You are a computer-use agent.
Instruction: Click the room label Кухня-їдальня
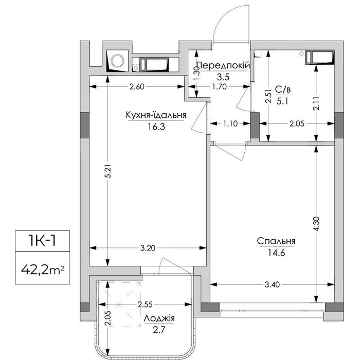pos(156,115)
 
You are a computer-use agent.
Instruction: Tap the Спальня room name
pos(276,241)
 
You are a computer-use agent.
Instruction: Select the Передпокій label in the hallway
pos(223,66)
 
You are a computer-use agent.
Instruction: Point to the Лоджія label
pos(159,318)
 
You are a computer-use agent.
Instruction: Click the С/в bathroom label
pos(282,89)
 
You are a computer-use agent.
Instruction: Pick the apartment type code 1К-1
pos(43,241)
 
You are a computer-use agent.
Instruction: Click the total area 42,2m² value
pos(43,271)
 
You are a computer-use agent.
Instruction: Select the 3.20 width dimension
pos(148,248)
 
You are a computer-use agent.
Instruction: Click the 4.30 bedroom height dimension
pos(316,224)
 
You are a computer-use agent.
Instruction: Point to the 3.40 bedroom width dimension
pos(272,285)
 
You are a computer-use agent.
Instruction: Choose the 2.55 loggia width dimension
pos(145,304)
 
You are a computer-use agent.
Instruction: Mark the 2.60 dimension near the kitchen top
pos(137,87)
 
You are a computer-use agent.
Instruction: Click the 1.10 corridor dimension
pos(230,123)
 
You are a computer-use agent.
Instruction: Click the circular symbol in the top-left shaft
pos(118,61)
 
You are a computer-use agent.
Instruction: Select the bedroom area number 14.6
pos(276,253)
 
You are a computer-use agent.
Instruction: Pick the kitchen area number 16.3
pos(156,127)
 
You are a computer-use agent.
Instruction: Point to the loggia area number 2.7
pos(159,330)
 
